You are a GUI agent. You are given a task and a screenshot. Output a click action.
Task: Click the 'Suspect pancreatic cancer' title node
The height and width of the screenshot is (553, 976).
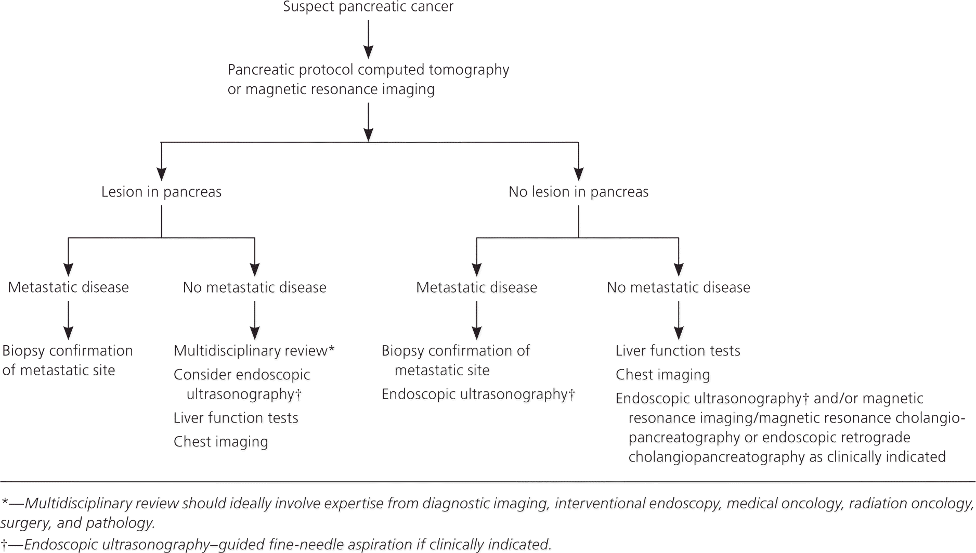click(x=368, y=7)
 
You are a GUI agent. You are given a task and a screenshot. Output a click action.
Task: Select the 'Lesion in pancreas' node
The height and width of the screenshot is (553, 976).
click(x=161, y=192)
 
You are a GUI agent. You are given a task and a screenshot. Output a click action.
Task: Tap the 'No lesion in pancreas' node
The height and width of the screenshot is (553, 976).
click(x=578, y=192)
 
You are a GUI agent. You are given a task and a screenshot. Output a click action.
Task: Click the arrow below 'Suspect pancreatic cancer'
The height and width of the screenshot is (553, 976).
click(x=368, y=39)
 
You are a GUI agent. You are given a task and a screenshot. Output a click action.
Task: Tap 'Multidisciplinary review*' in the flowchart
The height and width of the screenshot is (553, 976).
click(x=254, y=351)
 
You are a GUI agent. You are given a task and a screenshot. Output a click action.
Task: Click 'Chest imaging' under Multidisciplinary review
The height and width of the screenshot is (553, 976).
click(x=220, y=442)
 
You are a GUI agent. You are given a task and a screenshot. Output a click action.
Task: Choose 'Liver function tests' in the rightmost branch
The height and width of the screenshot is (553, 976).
click(x=678, y=351)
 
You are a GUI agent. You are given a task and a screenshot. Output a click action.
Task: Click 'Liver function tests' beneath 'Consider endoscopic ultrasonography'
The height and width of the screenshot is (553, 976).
click(x=236, y=418)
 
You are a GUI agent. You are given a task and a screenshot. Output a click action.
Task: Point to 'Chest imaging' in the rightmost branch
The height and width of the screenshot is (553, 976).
click(x=662, y=375)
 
